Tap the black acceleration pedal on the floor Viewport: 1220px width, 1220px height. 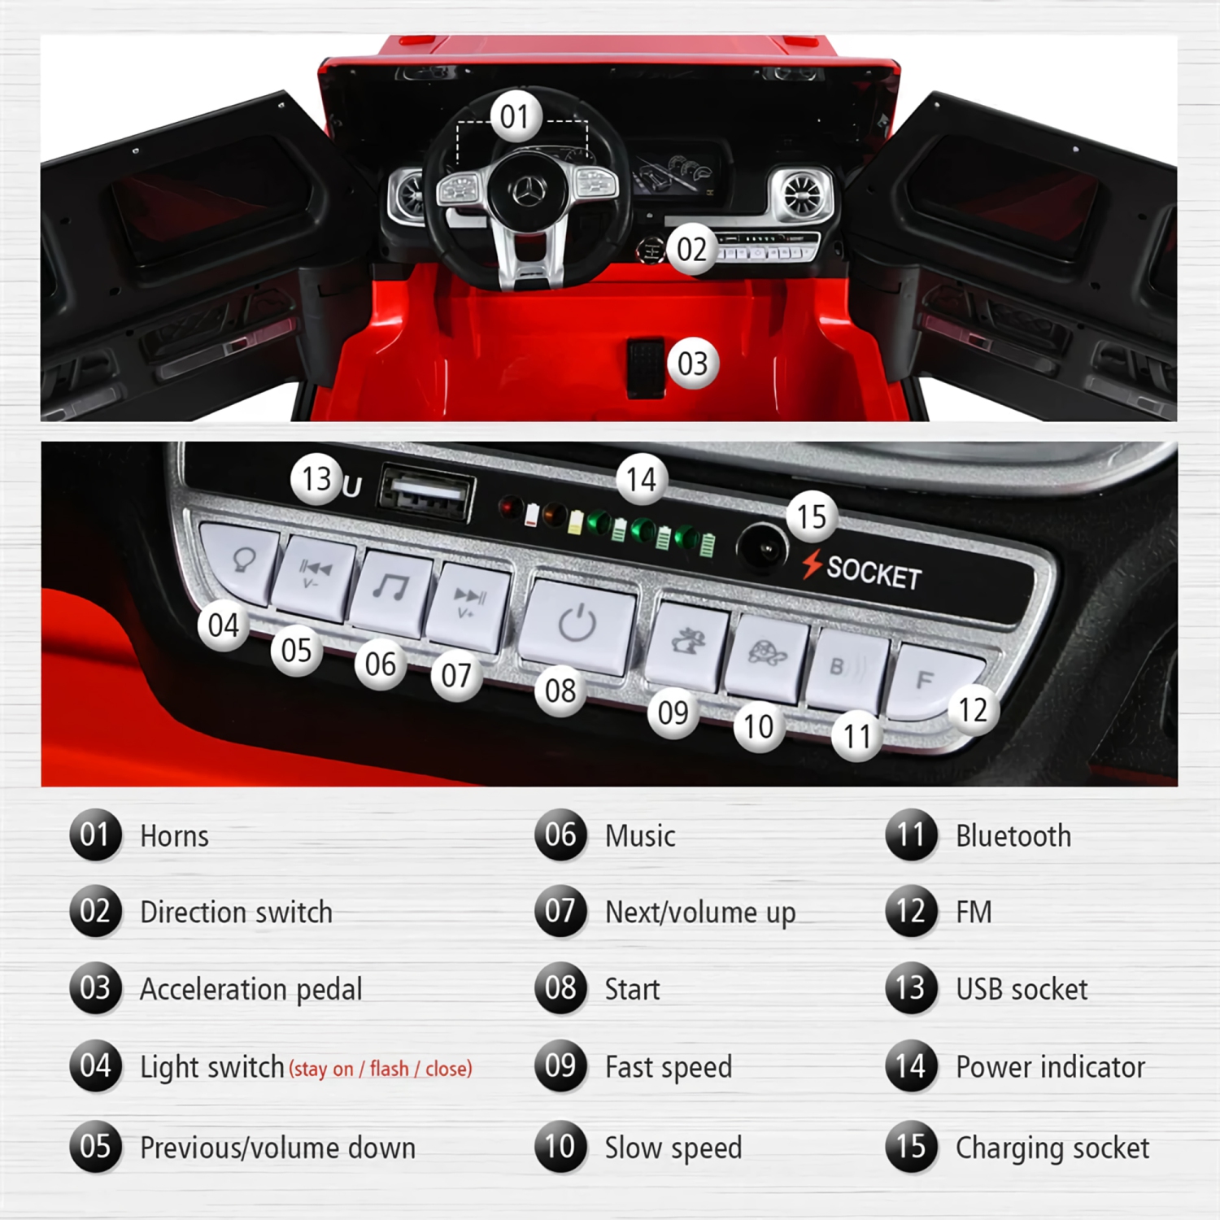646,367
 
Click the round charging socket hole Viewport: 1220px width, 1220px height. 762,549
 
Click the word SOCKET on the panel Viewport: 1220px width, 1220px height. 874,573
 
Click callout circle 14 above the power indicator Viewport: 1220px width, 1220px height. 641,480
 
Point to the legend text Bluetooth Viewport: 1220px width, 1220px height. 1013,836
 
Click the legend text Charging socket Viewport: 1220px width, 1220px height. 1052,1148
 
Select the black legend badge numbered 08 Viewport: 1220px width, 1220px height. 560,988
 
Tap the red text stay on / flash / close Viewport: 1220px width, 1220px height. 381,1069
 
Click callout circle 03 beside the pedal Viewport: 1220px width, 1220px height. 692,364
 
